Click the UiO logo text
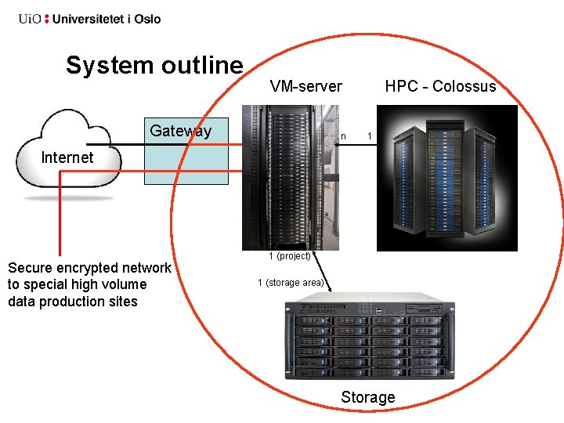click(x=31, y=18)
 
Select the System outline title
click(x=154, y=65)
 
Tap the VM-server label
click(x=305, y=86)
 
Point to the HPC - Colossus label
click(x=440, y=86)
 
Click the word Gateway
click(x=180, y=131)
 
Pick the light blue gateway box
click(x=186, y=161)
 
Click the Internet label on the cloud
click(x=67, y=157)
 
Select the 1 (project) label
click(x=290, y=255)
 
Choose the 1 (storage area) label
click(x=291, y=283)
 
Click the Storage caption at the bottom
click(x=367, y=397)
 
